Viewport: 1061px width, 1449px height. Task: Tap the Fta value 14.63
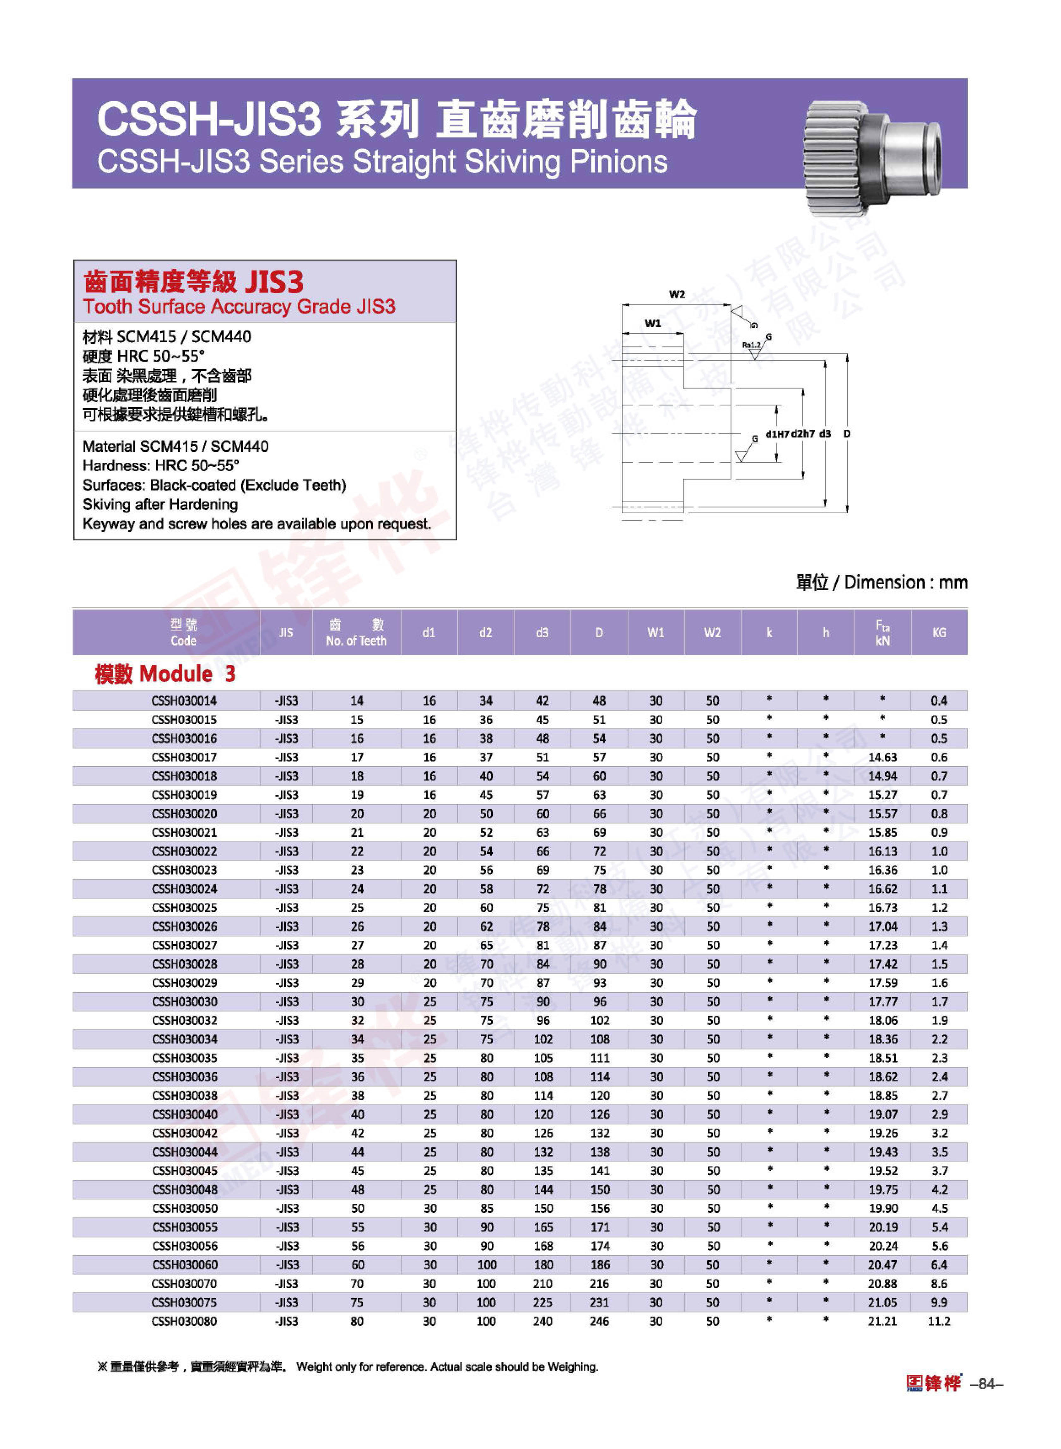point(882,757)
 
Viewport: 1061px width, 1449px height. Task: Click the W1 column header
point(656,633)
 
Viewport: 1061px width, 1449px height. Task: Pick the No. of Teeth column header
point(356,633)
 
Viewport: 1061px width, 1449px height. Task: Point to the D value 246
point(599,1321)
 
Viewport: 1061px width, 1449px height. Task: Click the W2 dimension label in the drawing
point(677,295)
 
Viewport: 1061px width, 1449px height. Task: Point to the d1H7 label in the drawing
point(777,434)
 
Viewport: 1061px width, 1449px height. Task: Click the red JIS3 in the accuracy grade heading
point(274,282)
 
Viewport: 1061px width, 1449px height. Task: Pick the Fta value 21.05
point(882,1302)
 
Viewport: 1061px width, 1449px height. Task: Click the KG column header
point(939,633)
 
